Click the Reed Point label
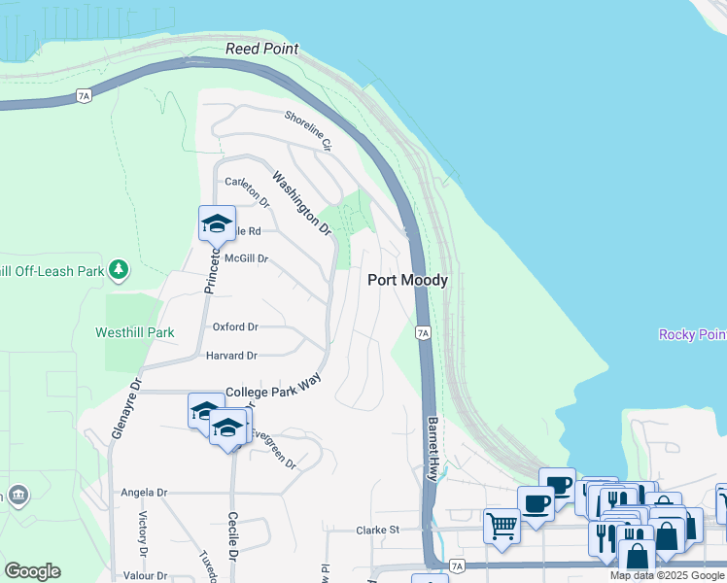(261, 49)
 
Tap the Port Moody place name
(408, 280)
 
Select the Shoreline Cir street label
(308, 130)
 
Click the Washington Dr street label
(301, 204)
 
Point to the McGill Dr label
(245, 259)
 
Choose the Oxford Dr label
(235, 327)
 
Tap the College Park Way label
(273, 392)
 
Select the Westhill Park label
(135, 332)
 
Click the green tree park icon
(119, 268)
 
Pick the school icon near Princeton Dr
(217, 224)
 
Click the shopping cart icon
(502, 526)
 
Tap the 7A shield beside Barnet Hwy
(422, 332)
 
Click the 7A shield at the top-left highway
(84, 96)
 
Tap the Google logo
(32, 571)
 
